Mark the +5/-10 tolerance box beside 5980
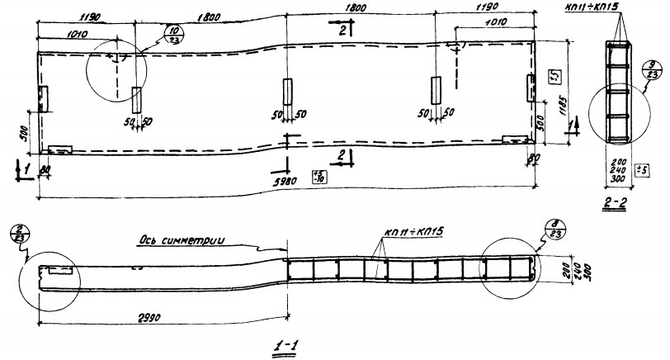tap(318, 175)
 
